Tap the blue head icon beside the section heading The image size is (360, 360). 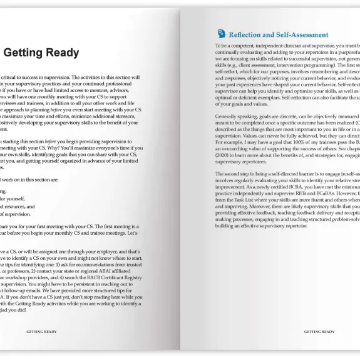pyautogui.click(x=221, y=34)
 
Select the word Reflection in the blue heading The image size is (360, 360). pyautogui.click(x=252, y=35)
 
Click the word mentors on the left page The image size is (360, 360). pyautogui.click(x=111, y=85)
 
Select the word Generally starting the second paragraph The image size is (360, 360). pyautogui.click(x=230, y=116)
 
